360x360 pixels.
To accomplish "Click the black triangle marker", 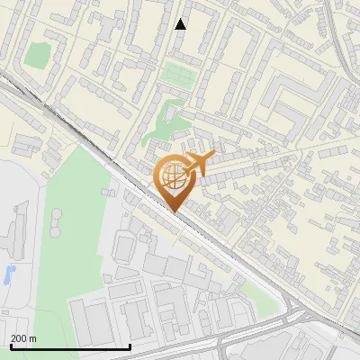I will (x=181, y=24).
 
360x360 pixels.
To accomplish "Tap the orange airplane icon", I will (x=199, y=164).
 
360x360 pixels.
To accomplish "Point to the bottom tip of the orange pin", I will (x=172, y=211).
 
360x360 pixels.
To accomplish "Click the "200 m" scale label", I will (x=23, y=338).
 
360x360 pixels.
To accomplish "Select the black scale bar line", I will (x=70, y=346).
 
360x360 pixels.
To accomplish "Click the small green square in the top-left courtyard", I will (x=36, y=55).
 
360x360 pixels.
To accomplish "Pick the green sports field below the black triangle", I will (x=177, y=75).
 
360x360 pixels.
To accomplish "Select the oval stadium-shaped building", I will (x=126, y=246).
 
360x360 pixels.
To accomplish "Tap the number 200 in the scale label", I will (x=19, y=338).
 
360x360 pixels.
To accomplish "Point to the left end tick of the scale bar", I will (x=11, y=345).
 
